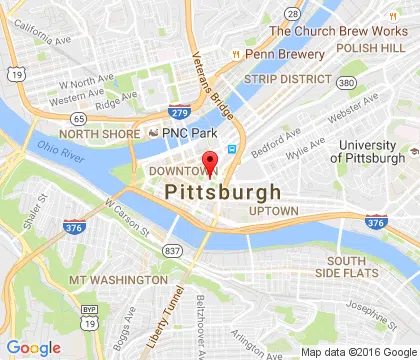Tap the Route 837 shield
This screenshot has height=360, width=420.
(x=174, y=249)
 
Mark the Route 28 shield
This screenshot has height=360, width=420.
(x=291, y=13)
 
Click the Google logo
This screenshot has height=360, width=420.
(x=33, y=347)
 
